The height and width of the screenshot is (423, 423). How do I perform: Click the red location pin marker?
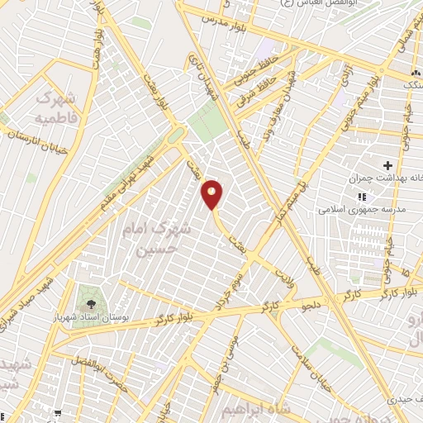coord(212,194)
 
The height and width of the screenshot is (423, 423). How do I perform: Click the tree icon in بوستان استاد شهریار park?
coord(85,296)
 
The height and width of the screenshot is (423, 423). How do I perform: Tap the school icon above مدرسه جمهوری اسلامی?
coord(361,197)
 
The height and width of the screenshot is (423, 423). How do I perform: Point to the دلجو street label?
coord(315,305)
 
